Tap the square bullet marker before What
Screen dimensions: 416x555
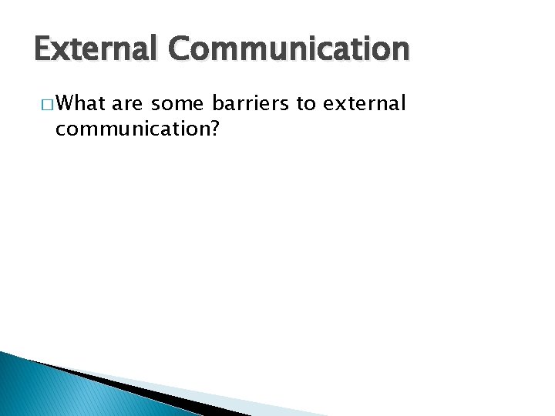[49, 105]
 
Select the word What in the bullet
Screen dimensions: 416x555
[82, 103]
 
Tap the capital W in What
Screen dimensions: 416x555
[66, 103]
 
